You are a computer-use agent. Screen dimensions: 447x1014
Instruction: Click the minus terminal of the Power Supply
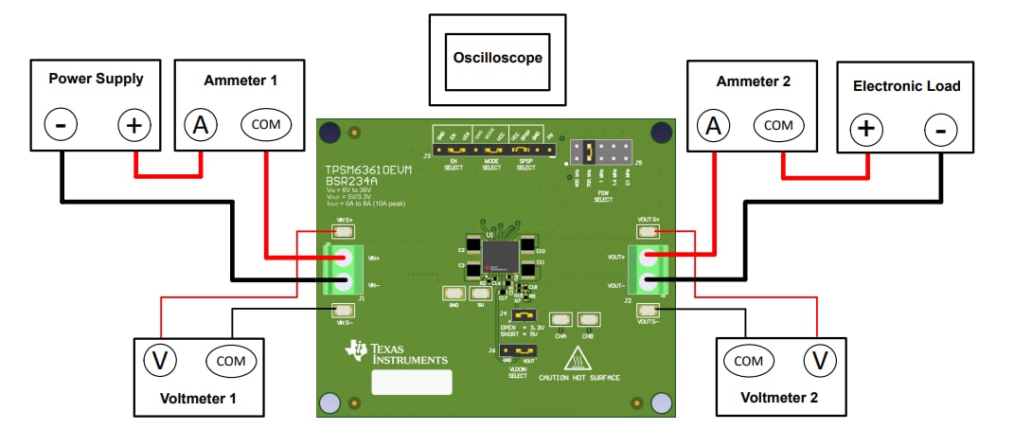(x=61, y=125)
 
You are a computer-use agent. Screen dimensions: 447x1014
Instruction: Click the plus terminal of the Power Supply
(x=133, y=125)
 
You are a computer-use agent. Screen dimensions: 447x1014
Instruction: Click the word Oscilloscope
(x=496, y=58)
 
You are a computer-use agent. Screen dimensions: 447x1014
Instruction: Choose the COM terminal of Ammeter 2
(x=779, y=124)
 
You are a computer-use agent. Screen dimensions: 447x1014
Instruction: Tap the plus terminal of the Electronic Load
(x=866, y=130)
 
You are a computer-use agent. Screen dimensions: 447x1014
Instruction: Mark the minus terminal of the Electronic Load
(x=940, y=130)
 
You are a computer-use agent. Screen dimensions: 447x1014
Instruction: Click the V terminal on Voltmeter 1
(x=161, y=361)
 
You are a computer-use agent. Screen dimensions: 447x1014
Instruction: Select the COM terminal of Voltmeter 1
(x=230, y=361)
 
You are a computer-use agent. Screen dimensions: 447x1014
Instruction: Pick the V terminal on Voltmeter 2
(x=821, y=360)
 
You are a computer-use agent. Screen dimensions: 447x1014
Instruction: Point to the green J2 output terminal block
(x=648, y=269)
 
